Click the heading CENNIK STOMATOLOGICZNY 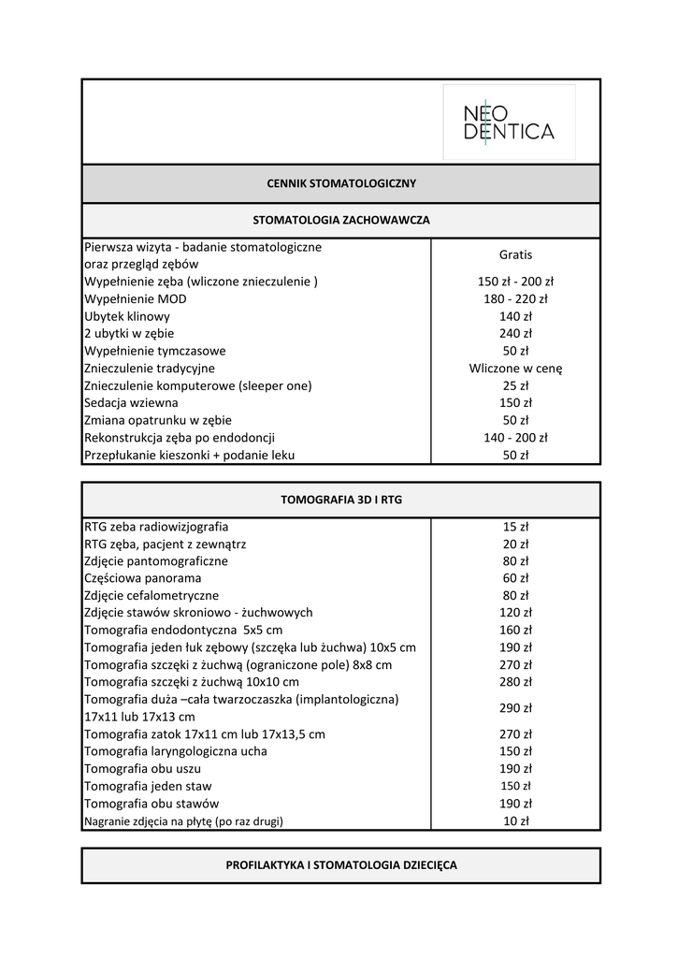341,183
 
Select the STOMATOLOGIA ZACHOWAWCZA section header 341,221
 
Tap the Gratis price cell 515,254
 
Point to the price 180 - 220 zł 515,299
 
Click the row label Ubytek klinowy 127,316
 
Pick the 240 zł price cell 515,333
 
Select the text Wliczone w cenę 515,369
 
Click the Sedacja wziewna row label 132,402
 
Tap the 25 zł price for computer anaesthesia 515,385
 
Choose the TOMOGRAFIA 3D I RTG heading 341,500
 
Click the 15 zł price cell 515,527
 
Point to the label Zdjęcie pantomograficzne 156,561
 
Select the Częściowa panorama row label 142,578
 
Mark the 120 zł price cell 515,613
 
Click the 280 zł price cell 515,682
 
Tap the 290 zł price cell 515,708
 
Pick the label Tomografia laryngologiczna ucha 176,751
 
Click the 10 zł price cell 515,821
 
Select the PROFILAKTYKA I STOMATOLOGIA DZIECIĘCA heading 341,865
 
